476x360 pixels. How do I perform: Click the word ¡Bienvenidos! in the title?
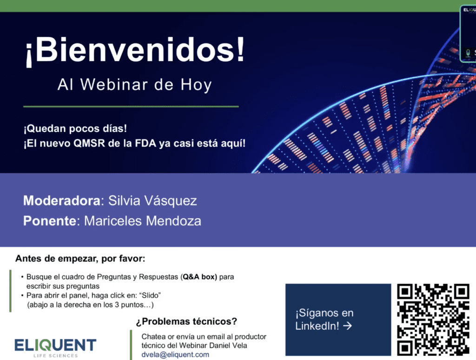click(x=135, y=50)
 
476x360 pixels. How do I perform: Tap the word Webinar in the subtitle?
click(x=114, y=85)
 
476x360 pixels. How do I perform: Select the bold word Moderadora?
click(x=62, y=201)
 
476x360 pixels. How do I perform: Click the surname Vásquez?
click(x=170, y=201)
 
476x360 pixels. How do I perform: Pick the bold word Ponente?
click(x=49, y=221)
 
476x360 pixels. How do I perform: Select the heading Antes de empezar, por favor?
click(x=80, y=259)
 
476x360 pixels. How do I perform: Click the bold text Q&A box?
click(x=200, y=277)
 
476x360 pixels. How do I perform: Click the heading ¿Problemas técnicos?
click(x=186, y=321)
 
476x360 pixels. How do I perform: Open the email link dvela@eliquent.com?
click(x=175, y=354)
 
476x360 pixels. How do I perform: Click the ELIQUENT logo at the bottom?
click(x=55, y=348)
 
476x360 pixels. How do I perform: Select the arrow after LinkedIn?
click(x=347, y=326)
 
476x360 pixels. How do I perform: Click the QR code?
click(x=433, y=320)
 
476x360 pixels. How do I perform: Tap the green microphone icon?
click(x=468, y=53)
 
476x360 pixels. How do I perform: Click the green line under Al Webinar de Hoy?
click(x=131, y=107)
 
